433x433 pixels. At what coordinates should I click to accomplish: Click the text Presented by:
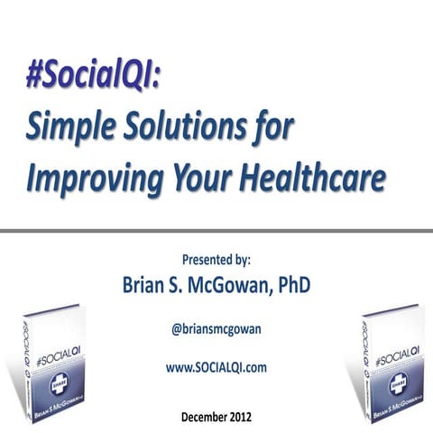tap(216, 259)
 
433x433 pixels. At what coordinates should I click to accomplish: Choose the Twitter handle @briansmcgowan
tap(216, 330)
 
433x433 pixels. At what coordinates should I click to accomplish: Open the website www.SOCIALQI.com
tap(216, 367)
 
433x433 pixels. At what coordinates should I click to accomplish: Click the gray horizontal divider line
tap(216, 231)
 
